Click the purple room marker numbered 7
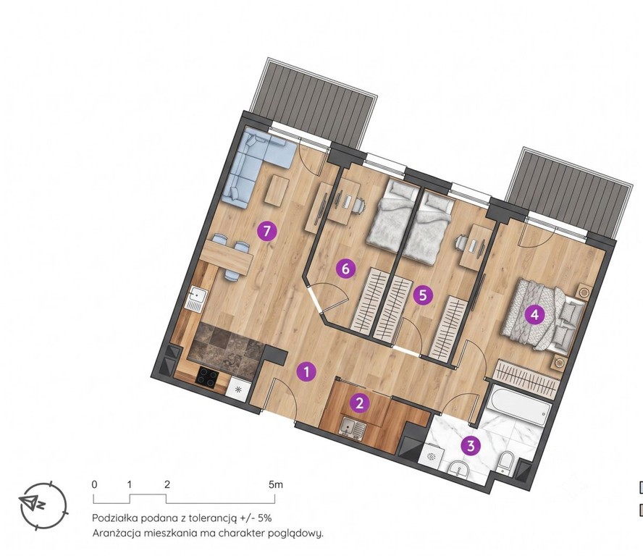267,232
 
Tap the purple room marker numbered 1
307,372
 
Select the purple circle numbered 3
471,445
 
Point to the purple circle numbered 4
534,315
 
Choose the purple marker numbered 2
360,403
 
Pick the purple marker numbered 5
423,295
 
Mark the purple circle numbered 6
345,269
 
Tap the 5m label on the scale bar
276,484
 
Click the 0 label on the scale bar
95,484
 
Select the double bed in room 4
542,316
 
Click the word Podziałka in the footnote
115,518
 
